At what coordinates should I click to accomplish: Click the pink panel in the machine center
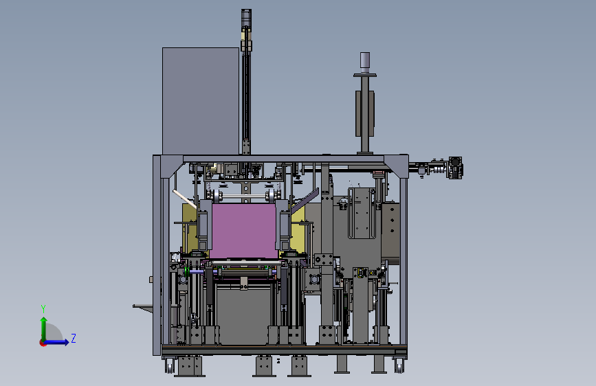(243, 231)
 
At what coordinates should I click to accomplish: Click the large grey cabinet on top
(201, 101)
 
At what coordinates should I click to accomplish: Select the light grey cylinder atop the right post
(365, 63)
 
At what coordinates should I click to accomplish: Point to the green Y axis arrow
(44, 329)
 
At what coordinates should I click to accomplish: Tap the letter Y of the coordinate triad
(43, 308)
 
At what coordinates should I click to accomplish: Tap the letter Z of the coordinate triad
(74, 338)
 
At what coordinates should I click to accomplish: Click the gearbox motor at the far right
(455, 168)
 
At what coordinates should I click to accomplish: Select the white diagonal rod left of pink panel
(185, 199)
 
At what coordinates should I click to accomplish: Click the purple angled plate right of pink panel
(305, 201)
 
